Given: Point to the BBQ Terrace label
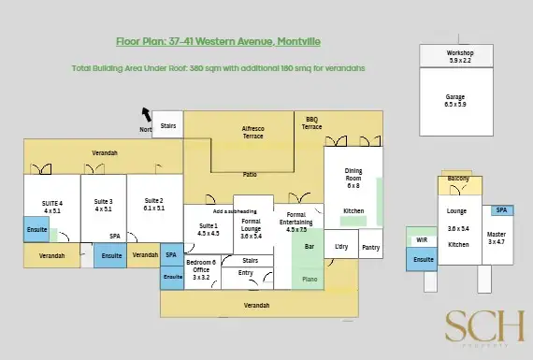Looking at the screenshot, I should coord(312,122).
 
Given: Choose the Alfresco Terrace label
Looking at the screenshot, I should coord(252,132).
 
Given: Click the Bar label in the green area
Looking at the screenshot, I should coord(309,247).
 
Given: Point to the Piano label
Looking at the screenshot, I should coord(310,278).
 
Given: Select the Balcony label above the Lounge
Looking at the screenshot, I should coord(458,179).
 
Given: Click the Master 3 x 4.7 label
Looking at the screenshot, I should coord(496,238).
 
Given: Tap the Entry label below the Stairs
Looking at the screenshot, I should coord(246,273).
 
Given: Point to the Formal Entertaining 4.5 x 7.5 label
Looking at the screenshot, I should coord(297,222).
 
